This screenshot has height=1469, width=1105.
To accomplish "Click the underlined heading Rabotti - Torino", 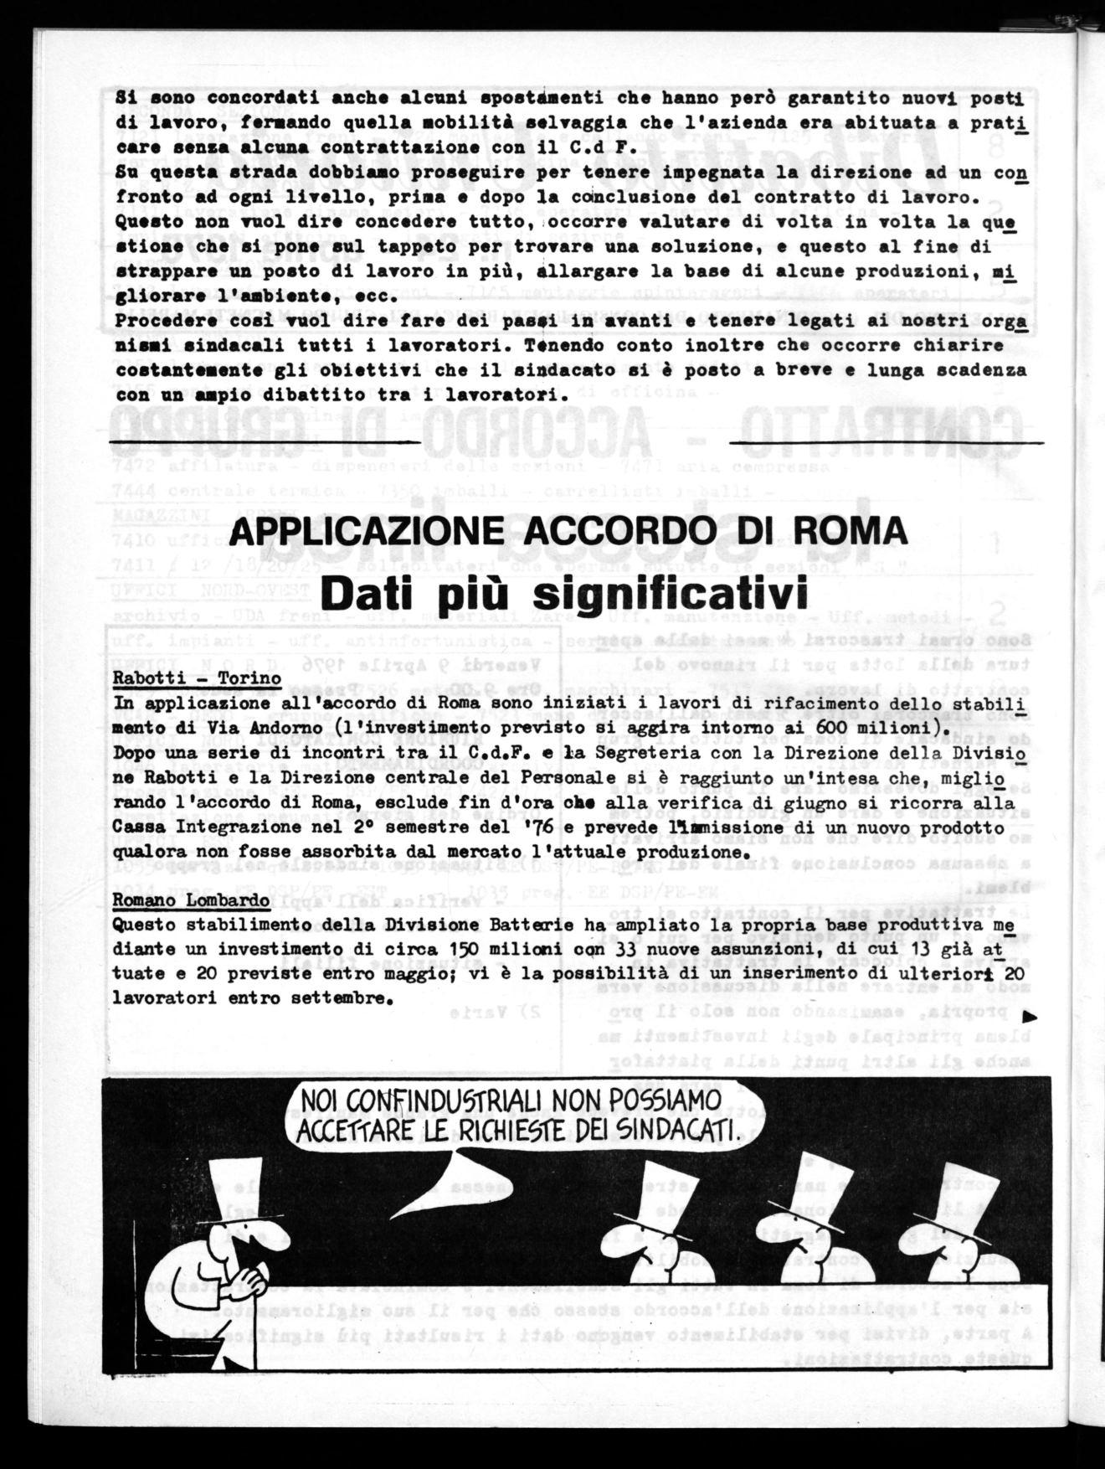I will (x=198, y=678).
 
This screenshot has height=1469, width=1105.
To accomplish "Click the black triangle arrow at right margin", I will (x=1030, y=1017).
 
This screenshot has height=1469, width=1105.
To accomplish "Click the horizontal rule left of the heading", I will (x=265, y=441).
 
